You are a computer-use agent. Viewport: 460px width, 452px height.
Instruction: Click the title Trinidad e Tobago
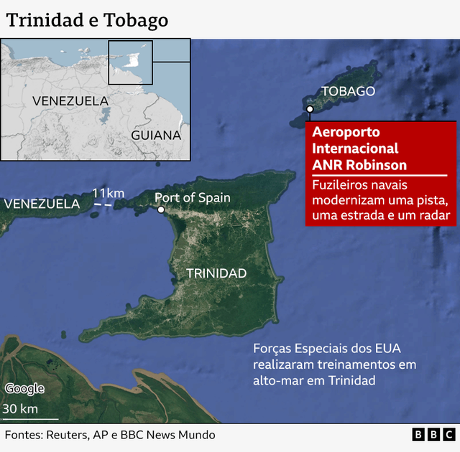[x=87, y=20]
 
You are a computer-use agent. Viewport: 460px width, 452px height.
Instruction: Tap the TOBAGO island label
[x=348, y=91]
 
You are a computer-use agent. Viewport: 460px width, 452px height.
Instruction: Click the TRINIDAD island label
[x=216, y=273]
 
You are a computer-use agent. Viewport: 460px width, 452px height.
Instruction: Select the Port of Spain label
[x=193, y=198]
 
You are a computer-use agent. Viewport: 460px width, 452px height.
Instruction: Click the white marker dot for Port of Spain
[x=161, y=210]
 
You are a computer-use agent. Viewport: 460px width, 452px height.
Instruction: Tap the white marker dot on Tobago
[x=309, y=109]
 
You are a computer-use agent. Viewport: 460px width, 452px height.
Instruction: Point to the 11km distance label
[x=108, y=193]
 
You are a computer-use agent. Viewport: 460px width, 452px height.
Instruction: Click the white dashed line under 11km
[x=103, y=206]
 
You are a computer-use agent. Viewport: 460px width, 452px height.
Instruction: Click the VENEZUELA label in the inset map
[x=70, y=101]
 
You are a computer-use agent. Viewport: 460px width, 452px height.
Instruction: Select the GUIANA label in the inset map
[x=156, y=135]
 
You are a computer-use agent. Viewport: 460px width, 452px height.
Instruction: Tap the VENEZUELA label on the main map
[x=42, y=204]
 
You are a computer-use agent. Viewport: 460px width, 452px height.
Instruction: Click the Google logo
[x=25, y=389]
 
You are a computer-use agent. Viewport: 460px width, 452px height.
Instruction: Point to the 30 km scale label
[x=20, y=409]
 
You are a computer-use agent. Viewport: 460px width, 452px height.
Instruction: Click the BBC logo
[x=433, y=435]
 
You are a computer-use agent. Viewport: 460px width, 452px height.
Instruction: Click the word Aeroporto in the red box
[x=346, y=133]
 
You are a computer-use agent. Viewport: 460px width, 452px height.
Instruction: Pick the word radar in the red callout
[x=436, y=215]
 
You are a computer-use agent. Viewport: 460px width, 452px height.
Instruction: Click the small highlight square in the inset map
[x=130, y=62]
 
